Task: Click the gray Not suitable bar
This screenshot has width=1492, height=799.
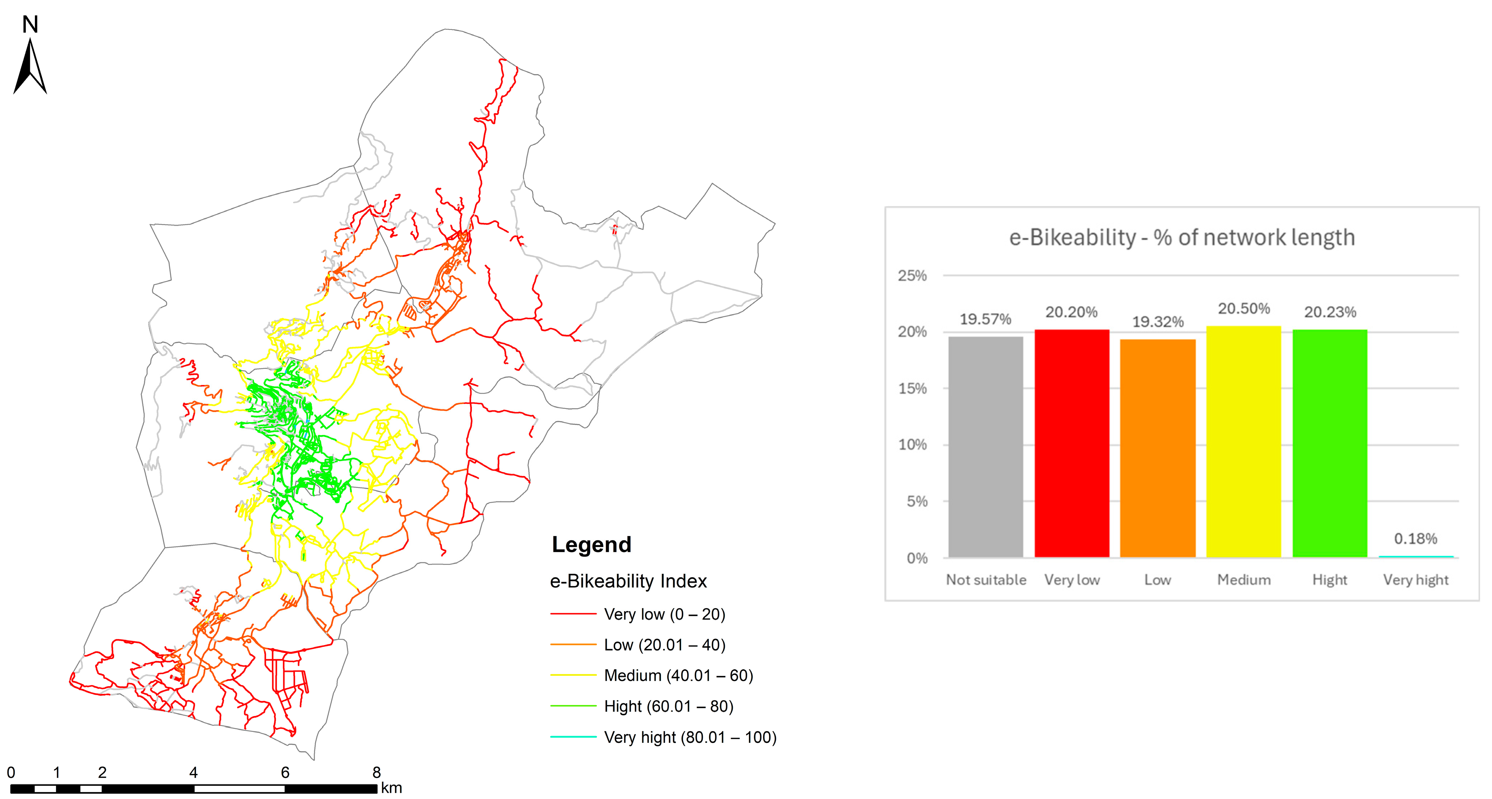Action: tap(985, 447)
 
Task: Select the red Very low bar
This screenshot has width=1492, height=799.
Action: tap(1072, 443)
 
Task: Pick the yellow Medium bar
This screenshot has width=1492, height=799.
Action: tap(1244, 442)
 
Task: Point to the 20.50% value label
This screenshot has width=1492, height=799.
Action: tap(1244, 309)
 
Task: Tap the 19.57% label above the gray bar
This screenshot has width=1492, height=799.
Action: tap(985, 319)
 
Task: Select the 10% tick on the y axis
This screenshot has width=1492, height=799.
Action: tap(912, 445)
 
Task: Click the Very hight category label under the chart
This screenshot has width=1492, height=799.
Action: tap(1415, 580)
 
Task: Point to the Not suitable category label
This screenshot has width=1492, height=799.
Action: tap(986, 580)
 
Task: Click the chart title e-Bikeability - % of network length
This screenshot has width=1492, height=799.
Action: tap(1182, 237)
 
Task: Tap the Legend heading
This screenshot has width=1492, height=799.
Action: tap(591, 544)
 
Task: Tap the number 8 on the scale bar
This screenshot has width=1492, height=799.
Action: tap(377, 772)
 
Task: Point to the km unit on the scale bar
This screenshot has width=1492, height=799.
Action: tap(392, 788)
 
